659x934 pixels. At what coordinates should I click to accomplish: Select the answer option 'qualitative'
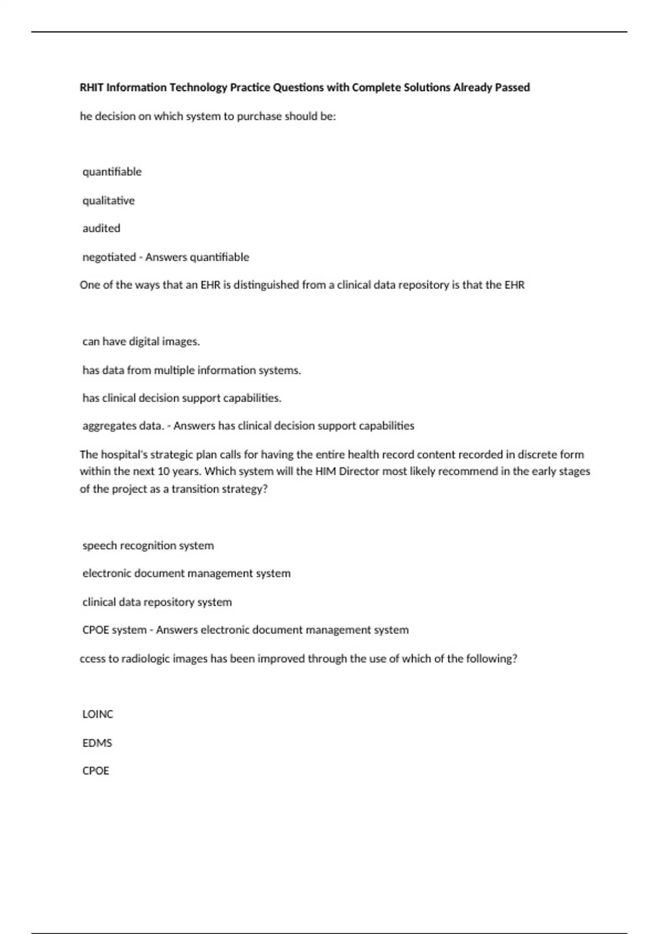[x=108, y=201]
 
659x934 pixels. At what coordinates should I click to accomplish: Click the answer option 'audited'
[x=101, y=228]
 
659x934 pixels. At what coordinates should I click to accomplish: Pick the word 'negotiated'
[x=109, y=257]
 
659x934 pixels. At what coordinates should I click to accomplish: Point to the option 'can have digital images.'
[x=141, y=341]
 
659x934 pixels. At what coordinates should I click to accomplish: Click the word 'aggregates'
[x=108, y=426]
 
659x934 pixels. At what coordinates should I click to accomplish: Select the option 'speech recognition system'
[x=148, y=546]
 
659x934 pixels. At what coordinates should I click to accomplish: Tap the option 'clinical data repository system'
[x=157, y=602]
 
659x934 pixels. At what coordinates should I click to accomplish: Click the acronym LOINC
[x=97, y=714]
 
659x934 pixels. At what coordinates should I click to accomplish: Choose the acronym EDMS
[x=97, y=743]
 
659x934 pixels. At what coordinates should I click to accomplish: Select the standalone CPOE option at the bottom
[x=96, y=771]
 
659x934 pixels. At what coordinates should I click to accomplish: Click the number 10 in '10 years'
[x=163, y=471]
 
